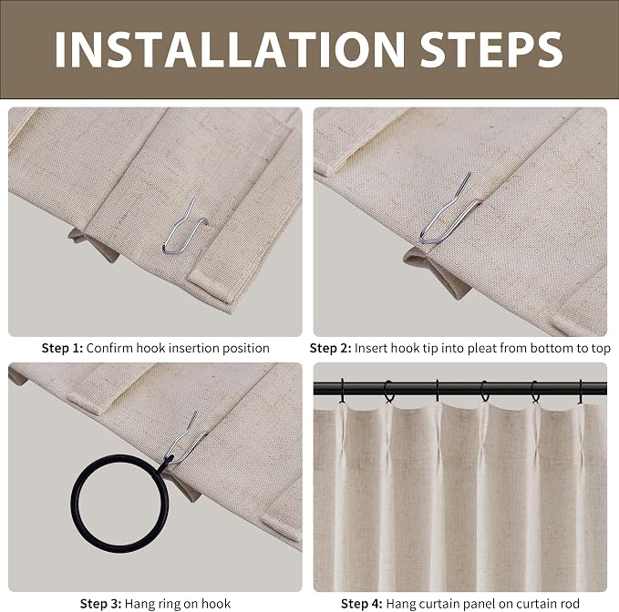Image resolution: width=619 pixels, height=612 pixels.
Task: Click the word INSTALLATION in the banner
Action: [x=230, y=50]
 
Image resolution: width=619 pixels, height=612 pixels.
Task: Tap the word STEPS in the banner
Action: [x=491, y=50]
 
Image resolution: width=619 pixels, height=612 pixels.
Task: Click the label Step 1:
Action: [x=62, y=348]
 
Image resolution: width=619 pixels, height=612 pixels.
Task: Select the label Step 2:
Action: [x=330, y=348]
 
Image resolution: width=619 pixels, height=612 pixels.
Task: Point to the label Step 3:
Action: [x=100, y=604]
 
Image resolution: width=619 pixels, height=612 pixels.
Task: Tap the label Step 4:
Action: [x=362, y=604]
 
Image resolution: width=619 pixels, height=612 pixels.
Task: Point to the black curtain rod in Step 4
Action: [x=459, y=388]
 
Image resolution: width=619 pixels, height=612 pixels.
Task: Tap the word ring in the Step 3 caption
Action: [x=171, y=605]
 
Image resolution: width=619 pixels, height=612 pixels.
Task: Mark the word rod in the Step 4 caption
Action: [x=569, y=604]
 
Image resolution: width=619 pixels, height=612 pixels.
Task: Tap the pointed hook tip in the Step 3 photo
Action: [x=195, y=413]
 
